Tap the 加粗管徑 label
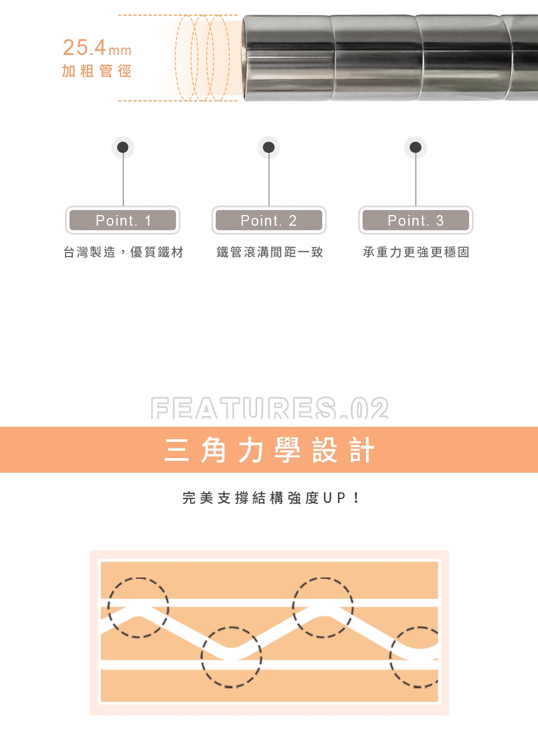97,71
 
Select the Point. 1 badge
123,220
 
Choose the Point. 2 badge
269,220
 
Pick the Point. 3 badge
416,220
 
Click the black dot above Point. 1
123,147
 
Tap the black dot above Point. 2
268,147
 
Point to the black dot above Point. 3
415,147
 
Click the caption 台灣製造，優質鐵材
123,252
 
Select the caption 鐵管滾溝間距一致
270,252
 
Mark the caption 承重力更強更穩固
416,252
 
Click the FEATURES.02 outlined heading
270,408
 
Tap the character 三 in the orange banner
177,450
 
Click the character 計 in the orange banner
363,450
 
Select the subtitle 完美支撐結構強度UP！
270,498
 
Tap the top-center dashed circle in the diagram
323,579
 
